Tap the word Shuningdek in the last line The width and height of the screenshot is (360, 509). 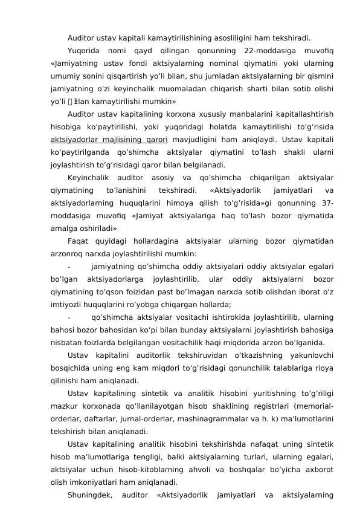[x=91, y=494]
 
